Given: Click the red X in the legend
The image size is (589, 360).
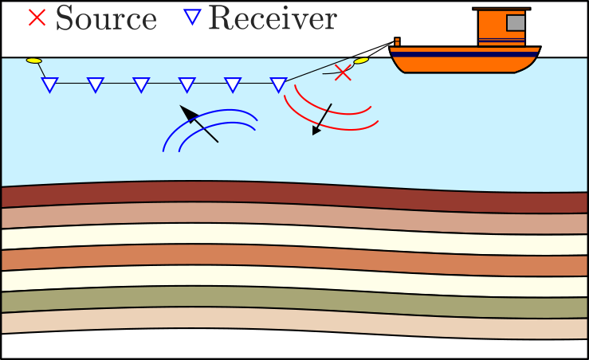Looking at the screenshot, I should tap(37, 16).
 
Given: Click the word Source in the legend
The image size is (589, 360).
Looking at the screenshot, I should tap(106, 18).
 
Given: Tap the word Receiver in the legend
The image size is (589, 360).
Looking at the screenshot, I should tap(272, 18).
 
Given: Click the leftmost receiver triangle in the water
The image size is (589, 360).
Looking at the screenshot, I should tap(49, 84).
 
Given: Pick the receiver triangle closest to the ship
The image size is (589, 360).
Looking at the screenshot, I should tap(278, 84).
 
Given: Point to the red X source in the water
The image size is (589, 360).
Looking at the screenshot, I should tap(343, 73).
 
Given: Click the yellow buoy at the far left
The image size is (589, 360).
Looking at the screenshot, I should tap(33, 61).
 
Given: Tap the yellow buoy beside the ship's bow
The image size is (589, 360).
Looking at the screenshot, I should tap(361, 60).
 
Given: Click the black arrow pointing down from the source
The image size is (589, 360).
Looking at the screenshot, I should tap(322, 119).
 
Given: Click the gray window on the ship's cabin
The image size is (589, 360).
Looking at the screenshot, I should tap(516, 23).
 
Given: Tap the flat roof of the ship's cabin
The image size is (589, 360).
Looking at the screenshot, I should tap(501, 9).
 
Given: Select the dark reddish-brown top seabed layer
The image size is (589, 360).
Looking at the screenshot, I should tap(295, 197).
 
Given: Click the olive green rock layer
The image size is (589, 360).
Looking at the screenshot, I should tap(295, 301).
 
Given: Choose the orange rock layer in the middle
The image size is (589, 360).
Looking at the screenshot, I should tap(295, 259).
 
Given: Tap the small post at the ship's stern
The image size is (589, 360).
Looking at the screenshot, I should tap(396, 41).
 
